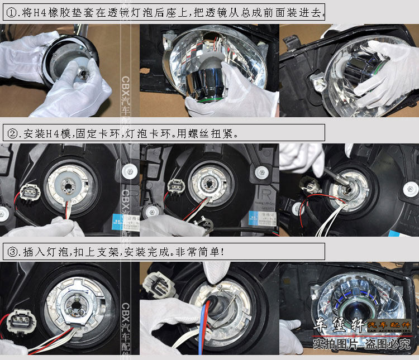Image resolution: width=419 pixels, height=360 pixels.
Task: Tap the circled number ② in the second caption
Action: (12, 133)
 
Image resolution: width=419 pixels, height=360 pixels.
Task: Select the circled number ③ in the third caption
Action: (12, 252)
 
